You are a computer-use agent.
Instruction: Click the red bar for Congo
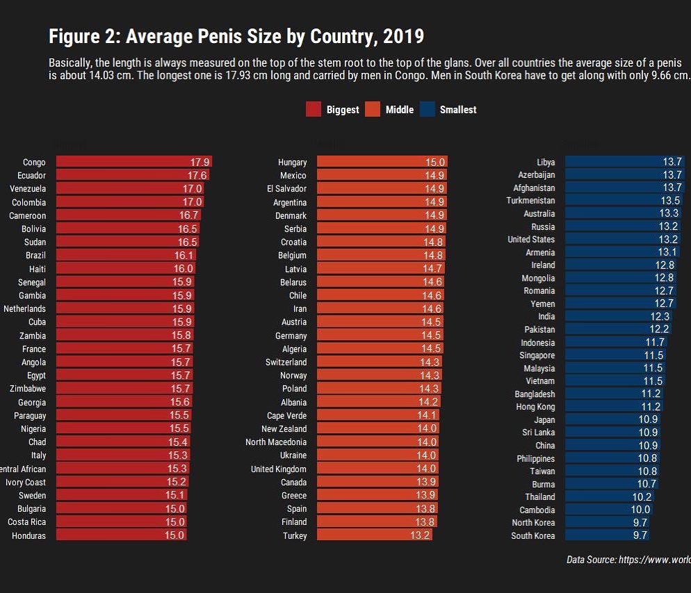pos(132,162)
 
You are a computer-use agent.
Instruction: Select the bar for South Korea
pos(607,535)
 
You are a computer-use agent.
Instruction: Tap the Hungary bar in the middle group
pos(381,162)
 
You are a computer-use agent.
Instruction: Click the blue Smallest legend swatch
pos(428,109)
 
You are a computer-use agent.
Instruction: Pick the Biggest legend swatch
pos(314,109)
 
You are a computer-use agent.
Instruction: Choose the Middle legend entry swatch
pos(373,109)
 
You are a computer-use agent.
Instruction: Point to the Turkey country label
pos(295,536)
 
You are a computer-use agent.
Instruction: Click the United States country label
pos(531,239)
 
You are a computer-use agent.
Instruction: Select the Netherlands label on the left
pos(24,309)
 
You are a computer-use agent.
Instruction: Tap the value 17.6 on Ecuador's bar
pos(197,175)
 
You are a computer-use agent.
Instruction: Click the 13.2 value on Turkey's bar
pos(420,535)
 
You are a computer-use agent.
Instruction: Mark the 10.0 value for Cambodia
pos(640,510)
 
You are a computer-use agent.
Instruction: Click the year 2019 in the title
pos(403,36)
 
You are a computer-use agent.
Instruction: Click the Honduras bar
pos(120,535)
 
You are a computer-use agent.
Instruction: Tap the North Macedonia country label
pos(276,442)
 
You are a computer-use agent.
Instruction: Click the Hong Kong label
pos(535,407)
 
